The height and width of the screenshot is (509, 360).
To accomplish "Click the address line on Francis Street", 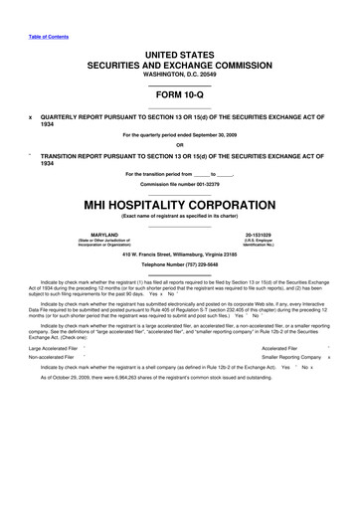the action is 179,254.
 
